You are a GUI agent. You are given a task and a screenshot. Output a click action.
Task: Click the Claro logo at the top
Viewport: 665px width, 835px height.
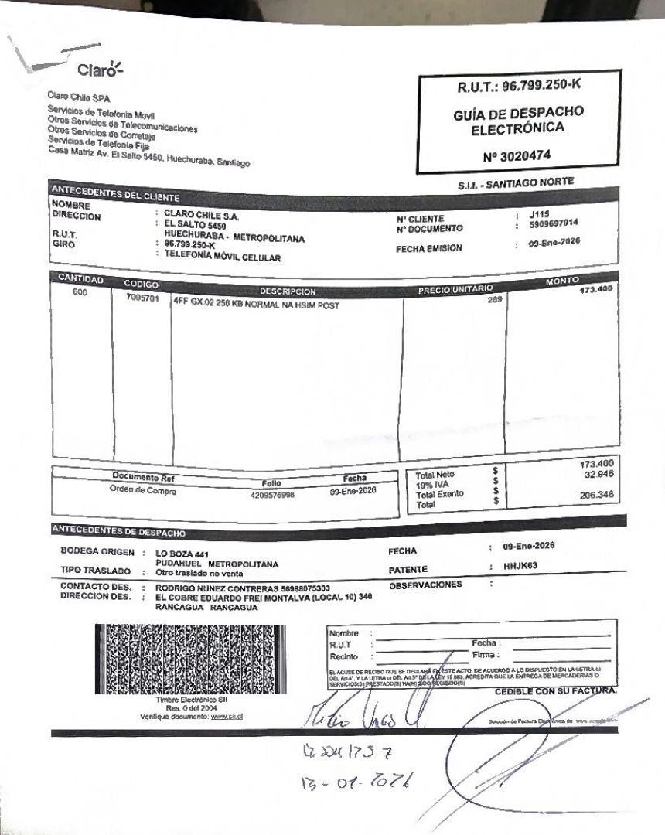(x=99, y=70)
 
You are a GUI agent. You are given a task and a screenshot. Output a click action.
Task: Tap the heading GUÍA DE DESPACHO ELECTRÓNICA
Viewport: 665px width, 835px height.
(x=518, y=121)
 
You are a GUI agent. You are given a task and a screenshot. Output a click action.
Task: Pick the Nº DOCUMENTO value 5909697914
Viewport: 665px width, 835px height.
(x=554, y=225)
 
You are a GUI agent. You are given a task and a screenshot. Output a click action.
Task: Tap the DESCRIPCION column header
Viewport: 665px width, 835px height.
(x=288, y=291)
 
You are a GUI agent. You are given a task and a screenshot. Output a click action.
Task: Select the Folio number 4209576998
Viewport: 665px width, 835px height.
(x=272, y=496)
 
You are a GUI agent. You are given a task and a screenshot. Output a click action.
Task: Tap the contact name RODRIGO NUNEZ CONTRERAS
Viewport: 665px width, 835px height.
(x=210, y=588)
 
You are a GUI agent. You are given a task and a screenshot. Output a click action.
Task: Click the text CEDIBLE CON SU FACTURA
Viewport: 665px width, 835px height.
(x=556, y=690)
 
